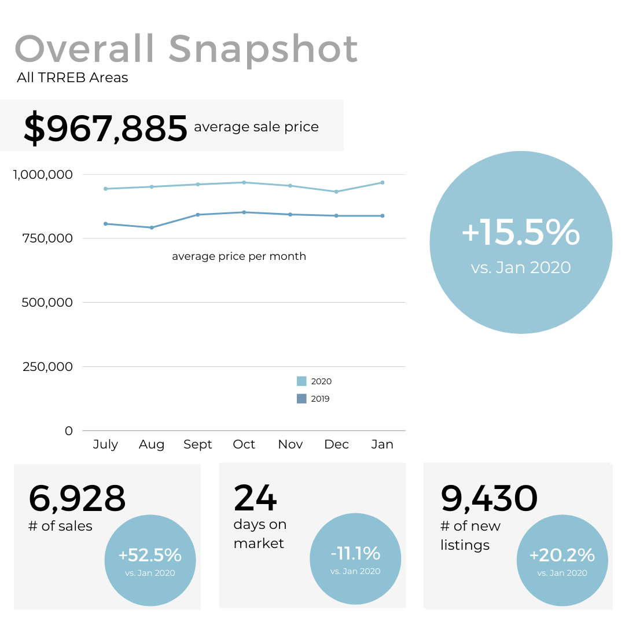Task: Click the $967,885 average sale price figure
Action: (105, 128)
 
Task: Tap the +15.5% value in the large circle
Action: (520, 232)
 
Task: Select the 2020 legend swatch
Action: (302, 381)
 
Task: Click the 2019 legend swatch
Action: (302, 399)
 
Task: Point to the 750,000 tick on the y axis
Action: (49, 238)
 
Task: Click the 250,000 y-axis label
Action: (49, 367)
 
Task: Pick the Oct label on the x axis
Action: (244, 444)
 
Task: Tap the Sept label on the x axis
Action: (198, 444)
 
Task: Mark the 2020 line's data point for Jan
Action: (383, 183)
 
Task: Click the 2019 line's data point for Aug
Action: (152, 227)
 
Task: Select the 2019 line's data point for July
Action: (105, 223)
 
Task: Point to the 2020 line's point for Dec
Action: (336, 192)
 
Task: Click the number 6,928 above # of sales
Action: (77, 498)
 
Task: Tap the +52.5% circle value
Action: (150, 556)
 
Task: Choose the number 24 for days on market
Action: (255, 498)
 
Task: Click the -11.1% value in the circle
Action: (355, 554)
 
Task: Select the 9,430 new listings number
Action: (489, 498)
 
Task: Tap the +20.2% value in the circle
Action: (562, 556)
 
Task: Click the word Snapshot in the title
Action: (263, 50)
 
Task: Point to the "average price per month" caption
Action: (239, 256)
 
